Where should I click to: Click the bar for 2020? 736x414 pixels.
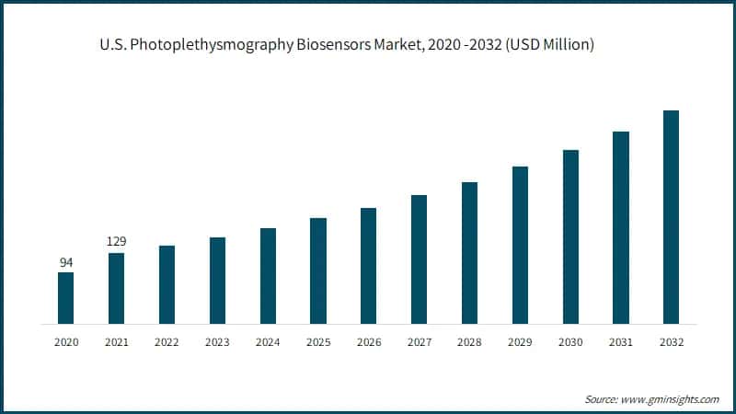tap(66, 298)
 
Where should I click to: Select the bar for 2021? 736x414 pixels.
tap(116, 288)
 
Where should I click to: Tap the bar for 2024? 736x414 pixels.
tap(268, 276)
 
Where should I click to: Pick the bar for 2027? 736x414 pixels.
tap(419, 259)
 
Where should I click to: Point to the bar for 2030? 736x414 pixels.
tap(570, 236)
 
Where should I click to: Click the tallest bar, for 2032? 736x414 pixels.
tap(671, 217)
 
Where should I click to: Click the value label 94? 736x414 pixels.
tap(66, 262)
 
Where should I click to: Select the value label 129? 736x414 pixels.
tap(116, 242)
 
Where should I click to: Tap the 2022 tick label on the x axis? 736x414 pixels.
tap(167, 342)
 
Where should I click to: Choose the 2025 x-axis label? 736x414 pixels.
tap(318, 342)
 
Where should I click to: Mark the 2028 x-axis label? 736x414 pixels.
tap(469, 342)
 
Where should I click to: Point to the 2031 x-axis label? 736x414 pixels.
tap(621, 342)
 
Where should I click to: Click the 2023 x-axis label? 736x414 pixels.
tap(217, 342)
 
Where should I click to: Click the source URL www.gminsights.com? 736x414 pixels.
tap(671, 399)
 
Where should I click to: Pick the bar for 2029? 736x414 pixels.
tap(520, 245)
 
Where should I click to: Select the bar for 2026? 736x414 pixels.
tap(368, 266)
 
